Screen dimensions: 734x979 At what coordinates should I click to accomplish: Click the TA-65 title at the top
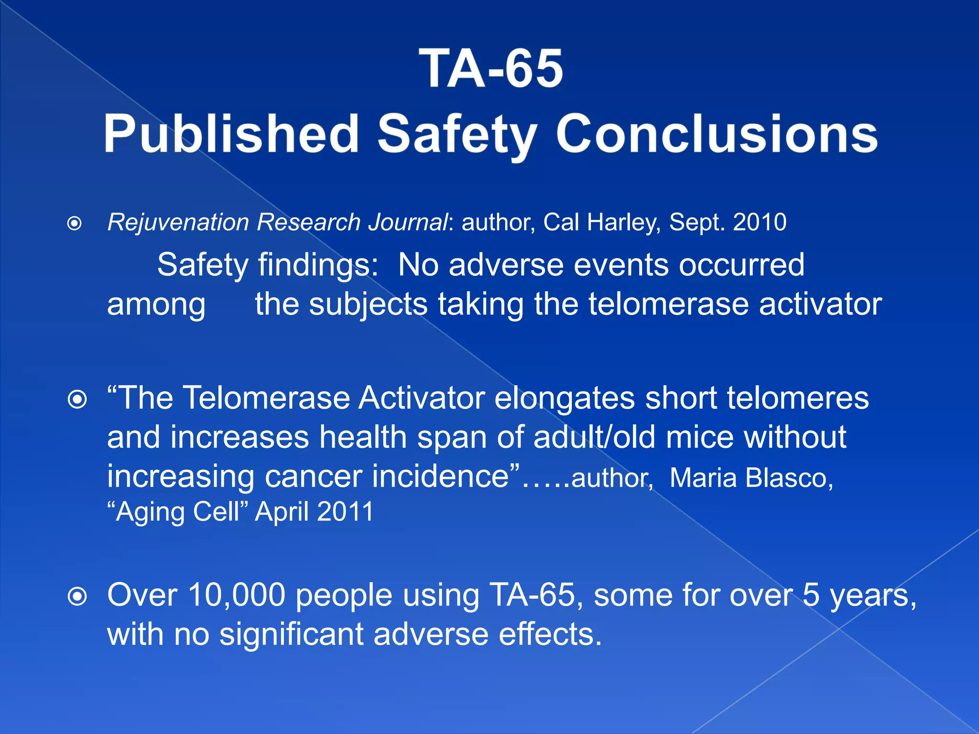click(x=491, y=69)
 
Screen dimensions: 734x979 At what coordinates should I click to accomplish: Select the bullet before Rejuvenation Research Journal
click(x=75, y=223)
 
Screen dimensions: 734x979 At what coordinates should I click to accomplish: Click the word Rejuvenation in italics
click(x=178, y=223)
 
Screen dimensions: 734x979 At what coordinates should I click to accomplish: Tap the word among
click(x=156, y=304)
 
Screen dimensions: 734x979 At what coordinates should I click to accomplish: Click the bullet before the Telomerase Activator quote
click(x=77, y=399)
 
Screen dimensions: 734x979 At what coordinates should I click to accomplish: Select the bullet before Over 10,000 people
click(x=77, y=596)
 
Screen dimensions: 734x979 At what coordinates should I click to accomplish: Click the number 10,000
click(x=237, y=595)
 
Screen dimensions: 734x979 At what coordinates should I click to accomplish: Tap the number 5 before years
click(x=811, y=595)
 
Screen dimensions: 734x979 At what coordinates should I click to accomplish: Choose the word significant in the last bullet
click(x=292, y=635)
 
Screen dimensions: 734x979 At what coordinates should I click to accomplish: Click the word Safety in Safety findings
click(x=203, y=265)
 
